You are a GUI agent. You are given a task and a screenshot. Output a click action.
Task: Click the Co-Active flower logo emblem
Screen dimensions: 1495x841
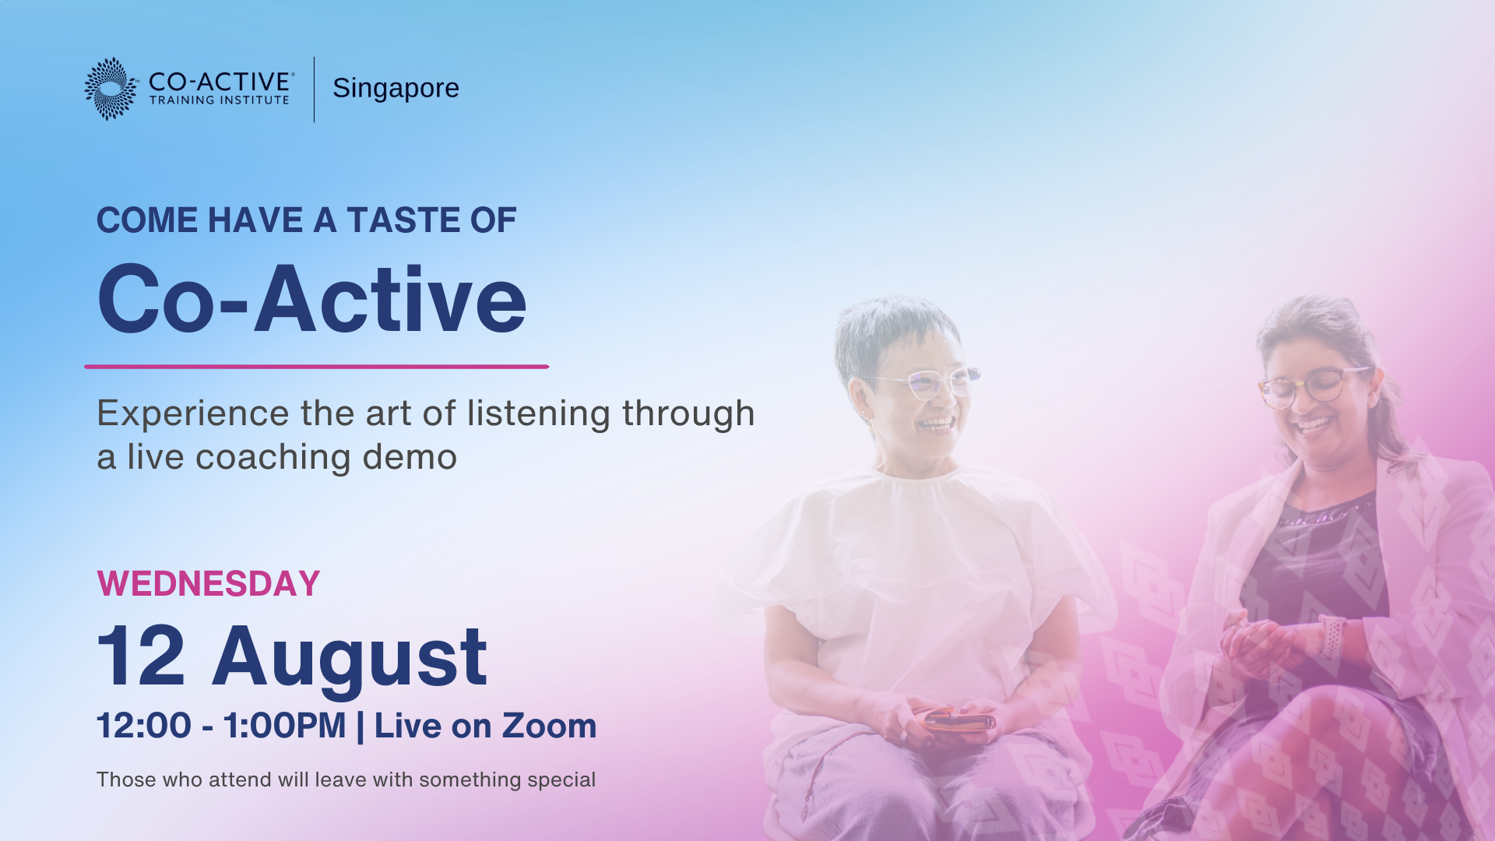(111, 89)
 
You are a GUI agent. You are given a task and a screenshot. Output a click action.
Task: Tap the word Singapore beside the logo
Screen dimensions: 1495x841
(396, 89)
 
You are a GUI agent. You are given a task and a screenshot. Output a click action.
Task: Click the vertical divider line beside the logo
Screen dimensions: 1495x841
(315, 89)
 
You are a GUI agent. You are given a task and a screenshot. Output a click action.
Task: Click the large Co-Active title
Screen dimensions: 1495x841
(311, 299)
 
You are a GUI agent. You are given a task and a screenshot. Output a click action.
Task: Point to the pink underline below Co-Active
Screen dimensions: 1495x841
(316, 366)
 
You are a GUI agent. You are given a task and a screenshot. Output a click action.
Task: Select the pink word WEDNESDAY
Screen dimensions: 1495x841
(209, 584)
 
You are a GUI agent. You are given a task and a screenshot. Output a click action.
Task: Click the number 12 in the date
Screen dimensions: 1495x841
(141, 656)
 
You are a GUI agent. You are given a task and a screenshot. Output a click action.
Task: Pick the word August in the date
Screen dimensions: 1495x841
(350, 660)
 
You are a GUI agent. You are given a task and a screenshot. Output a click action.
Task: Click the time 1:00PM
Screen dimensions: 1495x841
(284, 726)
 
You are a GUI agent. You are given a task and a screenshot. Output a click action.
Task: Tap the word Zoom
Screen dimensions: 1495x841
(549, 726)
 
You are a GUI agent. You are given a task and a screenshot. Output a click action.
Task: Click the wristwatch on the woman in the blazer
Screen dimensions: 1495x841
(1331, 635)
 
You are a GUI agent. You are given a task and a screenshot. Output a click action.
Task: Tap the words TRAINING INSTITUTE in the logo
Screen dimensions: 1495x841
(219, 100)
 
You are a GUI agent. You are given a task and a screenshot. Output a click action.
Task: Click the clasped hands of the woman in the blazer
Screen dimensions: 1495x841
(1261, 643)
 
